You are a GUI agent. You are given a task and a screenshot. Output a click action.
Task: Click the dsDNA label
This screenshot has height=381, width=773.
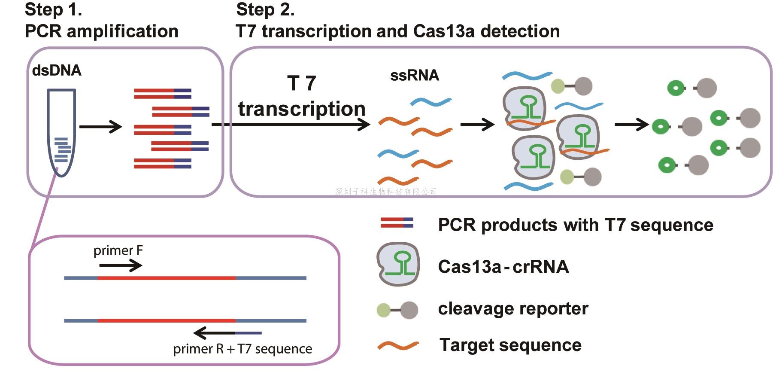pyautogui.click(x=57, y=70)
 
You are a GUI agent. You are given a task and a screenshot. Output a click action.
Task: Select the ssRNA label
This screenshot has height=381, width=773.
pyautogui.click(x=414, y=76)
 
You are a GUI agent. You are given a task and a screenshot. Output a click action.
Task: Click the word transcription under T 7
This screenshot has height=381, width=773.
pyautogui.click(x=302, y=109)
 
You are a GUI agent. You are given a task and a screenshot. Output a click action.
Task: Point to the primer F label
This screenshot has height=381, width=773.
pyautogui.click(x=118, y=250)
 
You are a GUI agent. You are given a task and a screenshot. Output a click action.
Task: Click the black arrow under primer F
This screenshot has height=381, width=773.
pyautogui.click(x=121, y=266)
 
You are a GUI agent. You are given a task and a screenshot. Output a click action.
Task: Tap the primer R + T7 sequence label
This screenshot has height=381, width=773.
pyautogui.click(x=243, y=349)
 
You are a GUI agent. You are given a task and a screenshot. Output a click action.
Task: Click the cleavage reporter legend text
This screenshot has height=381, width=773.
pyautogui.click(x=513, y=308)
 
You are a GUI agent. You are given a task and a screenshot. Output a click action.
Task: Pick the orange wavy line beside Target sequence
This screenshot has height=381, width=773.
pyautogui.click(x=398, y=345)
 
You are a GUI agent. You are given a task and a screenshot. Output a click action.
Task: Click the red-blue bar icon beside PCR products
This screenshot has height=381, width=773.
pyautogui.click(x=397, y=223)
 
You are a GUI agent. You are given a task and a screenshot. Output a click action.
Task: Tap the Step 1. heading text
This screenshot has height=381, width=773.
pyautogui.click(x=53, y=9)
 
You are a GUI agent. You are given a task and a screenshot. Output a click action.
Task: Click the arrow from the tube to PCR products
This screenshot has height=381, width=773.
pyautogui.click(x=101, y=127)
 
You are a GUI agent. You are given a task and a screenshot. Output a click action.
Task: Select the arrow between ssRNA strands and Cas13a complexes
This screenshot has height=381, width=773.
pyautogui.click(x=477, y=125)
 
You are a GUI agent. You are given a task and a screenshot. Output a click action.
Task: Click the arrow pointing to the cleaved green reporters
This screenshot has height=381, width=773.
pyautogui.click(x=631, y=125)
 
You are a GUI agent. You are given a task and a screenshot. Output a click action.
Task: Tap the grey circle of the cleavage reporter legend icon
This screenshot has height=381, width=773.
pyautogui.click(x=409, y=310)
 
